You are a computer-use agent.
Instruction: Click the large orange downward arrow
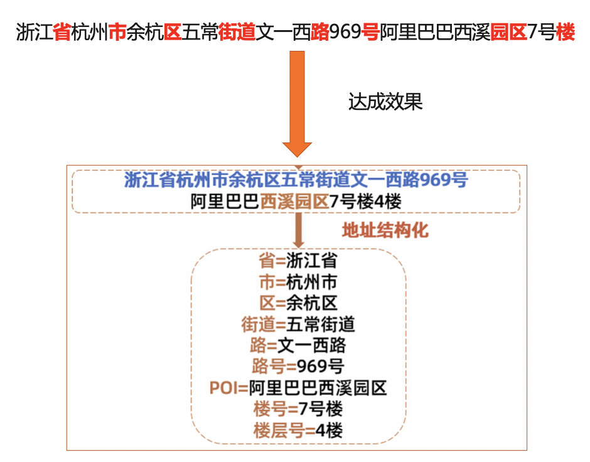(x=297, y=104)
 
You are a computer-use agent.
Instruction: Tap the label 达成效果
(x=385, y=102)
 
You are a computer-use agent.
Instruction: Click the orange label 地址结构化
(x=385, y=230)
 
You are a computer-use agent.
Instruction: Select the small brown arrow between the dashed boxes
(x=298, y=230)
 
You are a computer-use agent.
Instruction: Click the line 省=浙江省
(x=298, y=261)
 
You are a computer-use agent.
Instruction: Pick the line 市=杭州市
(x=298, y=282)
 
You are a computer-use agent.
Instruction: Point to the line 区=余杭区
(x=298, y=303)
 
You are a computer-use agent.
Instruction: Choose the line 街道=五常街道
(x=298, y=324)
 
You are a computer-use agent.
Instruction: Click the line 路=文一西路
(x=298, y=345)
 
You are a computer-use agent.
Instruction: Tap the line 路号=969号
(x=298, y=366)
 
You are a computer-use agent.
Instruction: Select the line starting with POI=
(x=298, y=387)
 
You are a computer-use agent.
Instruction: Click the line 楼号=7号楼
(x=298, y=409)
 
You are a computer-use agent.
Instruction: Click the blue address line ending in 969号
(x=296, y=180)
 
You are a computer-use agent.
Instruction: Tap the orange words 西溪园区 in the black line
(x=294, y=201)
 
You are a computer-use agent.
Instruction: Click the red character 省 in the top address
(x=62, y=31)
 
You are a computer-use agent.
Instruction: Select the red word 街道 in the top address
(x=237, y=31)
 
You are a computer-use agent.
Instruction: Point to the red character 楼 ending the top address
(x=565, y=31)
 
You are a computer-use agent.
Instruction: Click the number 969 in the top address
(x=345, y=31)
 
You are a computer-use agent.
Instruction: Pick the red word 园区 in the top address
(x=509, y=31)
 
